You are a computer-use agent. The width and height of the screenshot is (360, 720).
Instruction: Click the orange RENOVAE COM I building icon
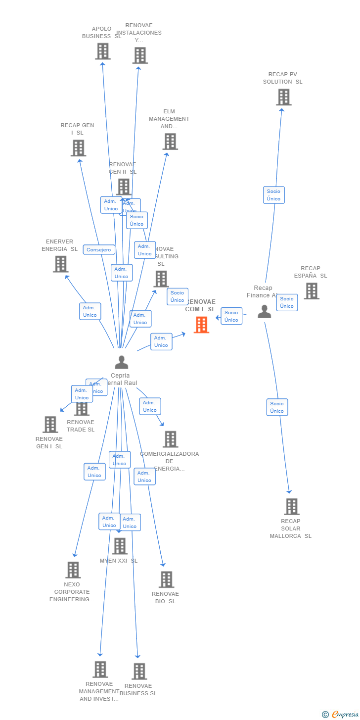(201, 325)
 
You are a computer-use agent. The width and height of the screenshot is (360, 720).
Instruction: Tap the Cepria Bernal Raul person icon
(121, 362)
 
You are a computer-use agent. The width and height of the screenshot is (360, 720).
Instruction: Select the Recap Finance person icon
(265, 312)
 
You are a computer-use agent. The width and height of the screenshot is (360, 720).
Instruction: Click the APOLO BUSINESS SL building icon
(102, 51)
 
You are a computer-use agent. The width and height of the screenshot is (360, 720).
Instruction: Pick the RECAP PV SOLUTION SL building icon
(283, 97)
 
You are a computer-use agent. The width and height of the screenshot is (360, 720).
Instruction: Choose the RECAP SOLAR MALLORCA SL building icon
(292, 506)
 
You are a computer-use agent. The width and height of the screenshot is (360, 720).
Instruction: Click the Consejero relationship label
(99, 250)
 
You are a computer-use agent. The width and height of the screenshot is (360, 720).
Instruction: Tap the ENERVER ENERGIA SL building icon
(61, 264)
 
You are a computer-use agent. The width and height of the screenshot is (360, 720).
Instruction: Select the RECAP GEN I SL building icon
(78, 147)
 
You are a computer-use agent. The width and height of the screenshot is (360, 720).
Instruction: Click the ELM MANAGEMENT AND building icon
(170, 142)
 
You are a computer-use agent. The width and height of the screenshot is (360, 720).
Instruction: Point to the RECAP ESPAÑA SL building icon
(312, 291)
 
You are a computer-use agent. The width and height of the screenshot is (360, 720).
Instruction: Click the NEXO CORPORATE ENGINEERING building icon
(73, 570)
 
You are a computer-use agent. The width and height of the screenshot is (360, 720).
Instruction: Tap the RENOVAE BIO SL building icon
(166, 579)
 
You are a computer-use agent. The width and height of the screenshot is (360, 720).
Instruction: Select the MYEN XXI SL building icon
(120, 546)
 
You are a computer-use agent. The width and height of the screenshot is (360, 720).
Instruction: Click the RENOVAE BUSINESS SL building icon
(139, 671)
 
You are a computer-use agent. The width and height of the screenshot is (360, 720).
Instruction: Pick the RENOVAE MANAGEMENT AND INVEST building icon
(100, 669)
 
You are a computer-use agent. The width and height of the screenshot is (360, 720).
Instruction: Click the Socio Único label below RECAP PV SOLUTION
(273, 195)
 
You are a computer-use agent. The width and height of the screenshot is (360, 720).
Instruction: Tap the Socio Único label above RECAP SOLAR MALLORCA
(277, 407)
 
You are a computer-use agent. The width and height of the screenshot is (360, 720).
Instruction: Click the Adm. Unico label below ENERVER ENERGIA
(90, 311)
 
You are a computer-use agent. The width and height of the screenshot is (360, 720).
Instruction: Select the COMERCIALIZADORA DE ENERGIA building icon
(171, 439)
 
